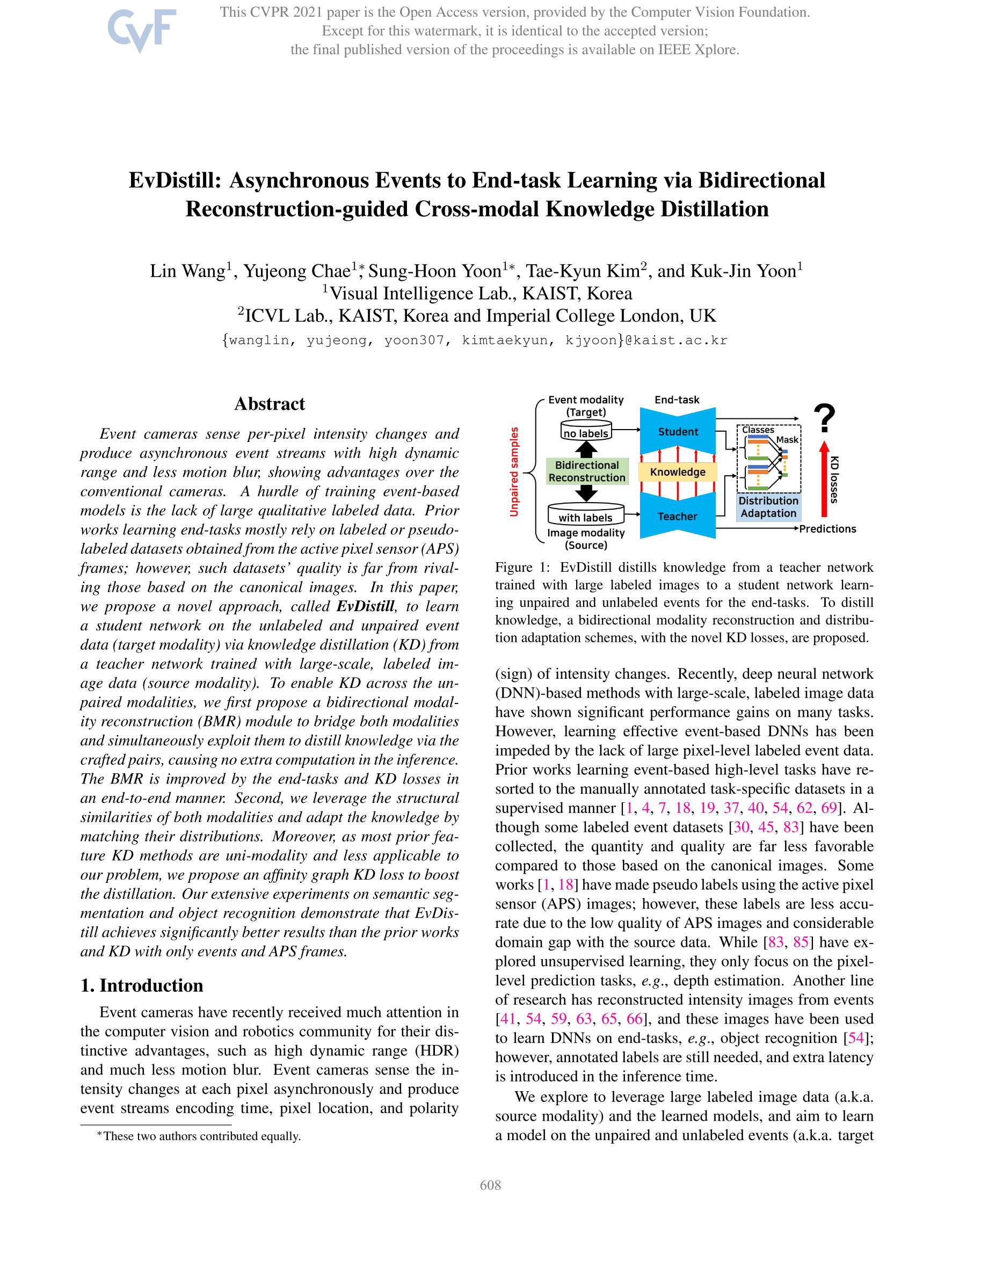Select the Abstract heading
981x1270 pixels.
tap(269, 404)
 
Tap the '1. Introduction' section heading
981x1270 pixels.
tap(142, 985)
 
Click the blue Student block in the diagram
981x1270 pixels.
tap(678, 431)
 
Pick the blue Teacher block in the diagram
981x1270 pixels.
tap(678, 516)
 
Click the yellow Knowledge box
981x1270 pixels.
tap(678, 471)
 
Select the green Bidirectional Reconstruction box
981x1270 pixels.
tap(587, 471)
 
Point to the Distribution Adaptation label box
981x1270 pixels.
tap(768, 507)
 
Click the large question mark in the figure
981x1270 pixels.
tap(824, 419)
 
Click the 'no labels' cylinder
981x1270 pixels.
tap(586, 432)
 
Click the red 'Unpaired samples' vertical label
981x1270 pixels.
tap(514, 471)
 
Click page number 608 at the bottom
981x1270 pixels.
tap(490, 1185)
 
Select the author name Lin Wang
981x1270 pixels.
tap(187, 271)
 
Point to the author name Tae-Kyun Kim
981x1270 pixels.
tap(583, 271)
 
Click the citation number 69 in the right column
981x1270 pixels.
tap(829, 808)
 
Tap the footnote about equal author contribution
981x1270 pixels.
tap(199, 1136)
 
